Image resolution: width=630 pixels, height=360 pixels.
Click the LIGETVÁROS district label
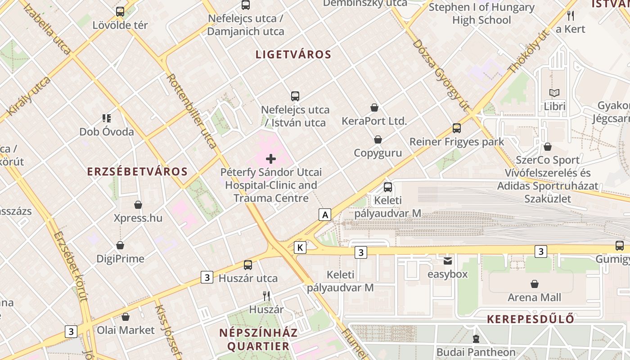[293, 55]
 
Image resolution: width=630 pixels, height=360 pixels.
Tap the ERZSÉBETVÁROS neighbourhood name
[137, 171]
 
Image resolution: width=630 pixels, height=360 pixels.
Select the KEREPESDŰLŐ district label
[531, 319]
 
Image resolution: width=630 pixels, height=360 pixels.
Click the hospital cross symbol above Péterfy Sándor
[271, 158]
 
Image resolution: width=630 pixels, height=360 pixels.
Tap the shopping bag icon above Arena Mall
[535, 284]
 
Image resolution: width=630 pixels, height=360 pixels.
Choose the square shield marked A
[324, 215]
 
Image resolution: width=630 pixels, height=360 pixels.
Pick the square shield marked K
[300, 247]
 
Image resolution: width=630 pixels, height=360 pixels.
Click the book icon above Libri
[554, 93]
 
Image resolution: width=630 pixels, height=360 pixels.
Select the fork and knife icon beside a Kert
[571, 16]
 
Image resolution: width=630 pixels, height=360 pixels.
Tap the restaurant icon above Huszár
[266, 296]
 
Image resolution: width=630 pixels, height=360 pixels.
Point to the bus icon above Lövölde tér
[120, 12]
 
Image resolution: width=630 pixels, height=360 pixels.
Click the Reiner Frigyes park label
[457, 142]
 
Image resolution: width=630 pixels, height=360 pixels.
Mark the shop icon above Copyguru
[378, 139]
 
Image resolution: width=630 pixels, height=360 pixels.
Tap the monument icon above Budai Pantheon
[476, 338]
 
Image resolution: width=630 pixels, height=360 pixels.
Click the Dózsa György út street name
[441, 74]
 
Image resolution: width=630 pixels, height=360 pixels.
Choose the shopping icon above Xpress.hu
[138, 205]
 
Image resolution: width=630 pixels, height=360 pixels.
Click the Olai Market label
[126, 330]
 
